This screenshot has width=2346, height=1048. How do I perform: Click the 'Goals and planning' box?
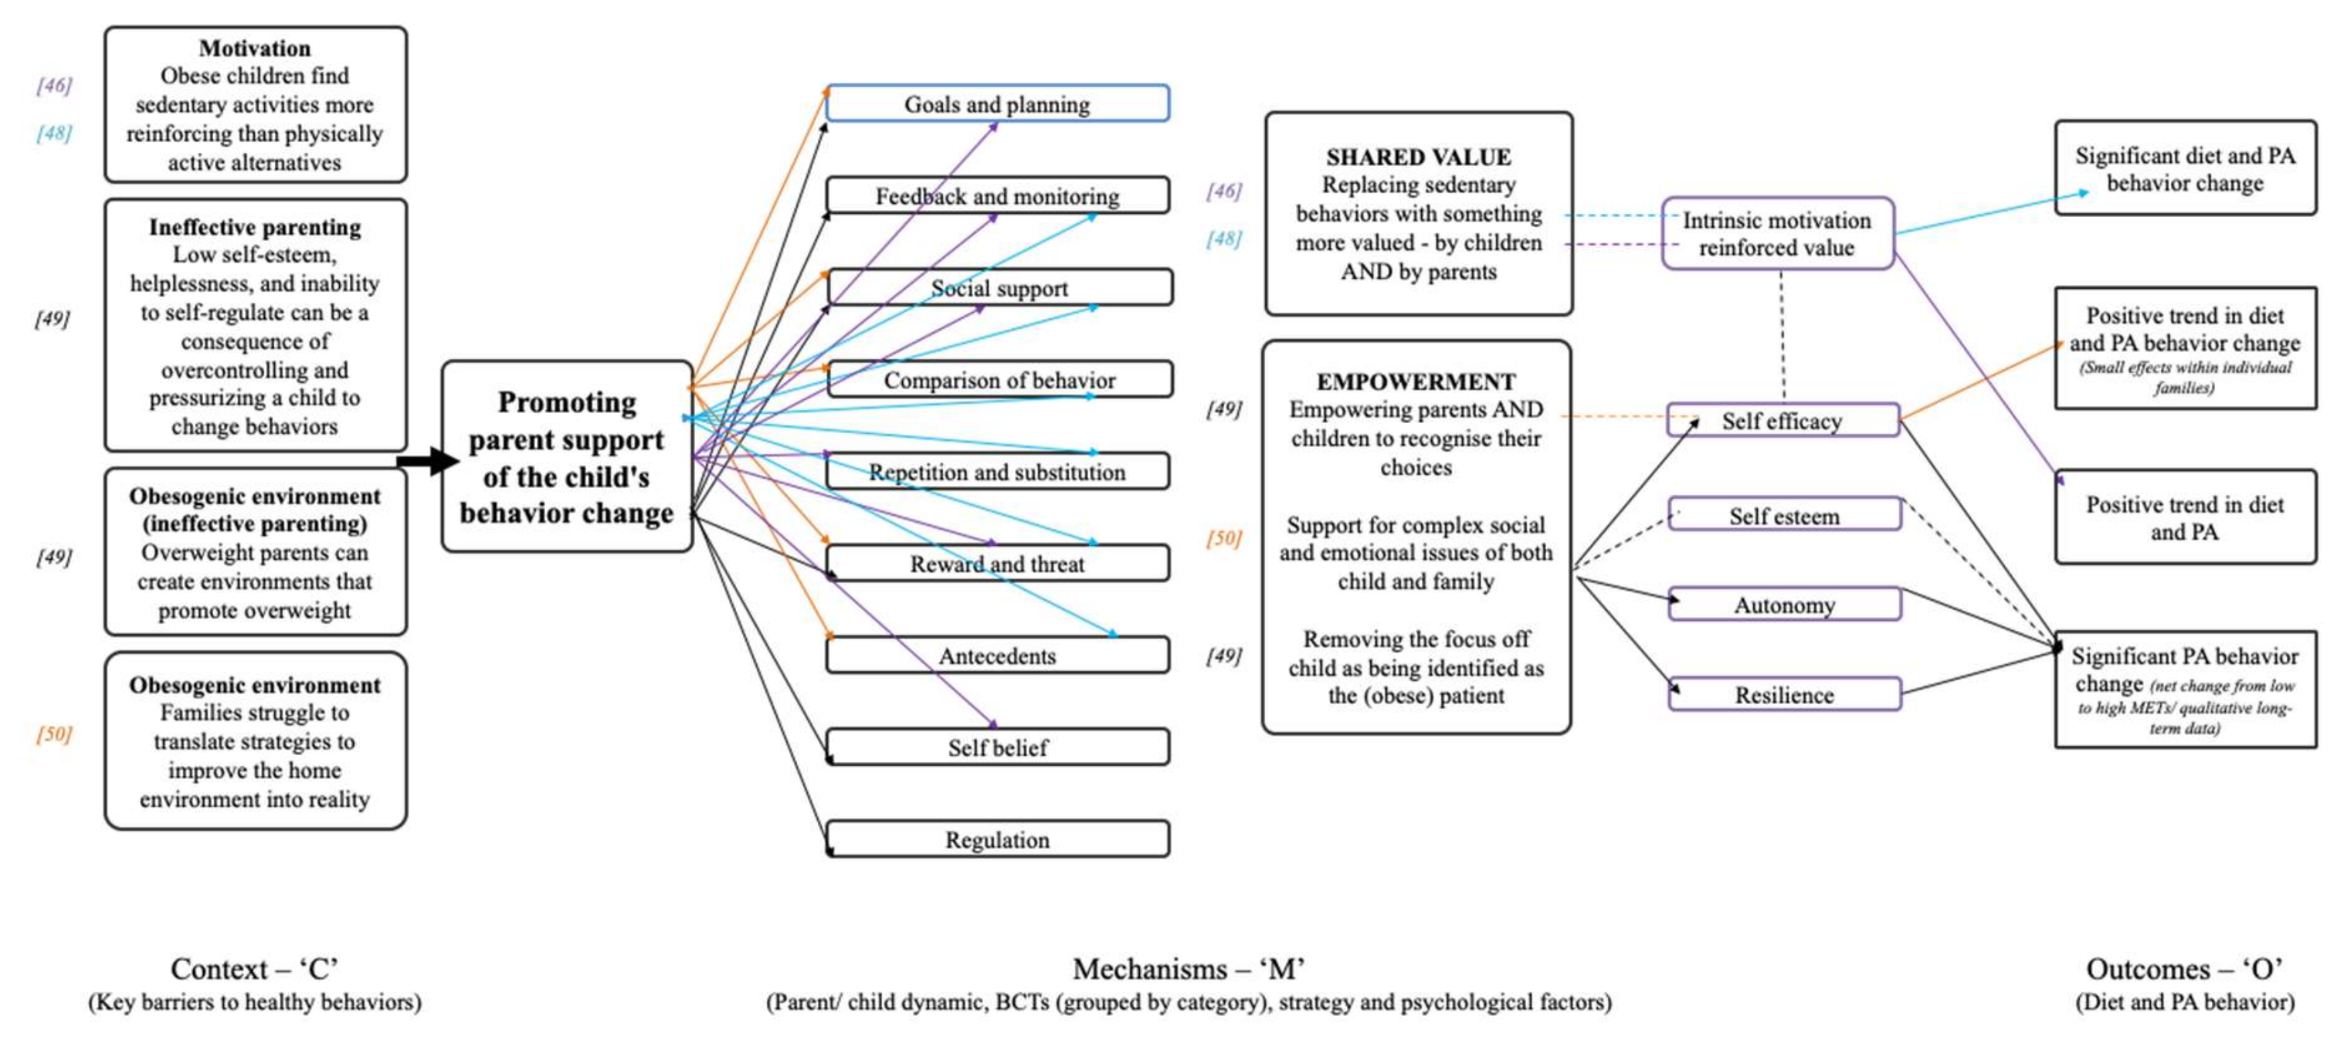997,104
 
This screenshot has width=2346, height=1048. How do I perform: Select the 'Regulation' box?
997,839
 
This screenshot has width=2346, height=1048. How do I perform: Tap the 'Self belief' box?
997,747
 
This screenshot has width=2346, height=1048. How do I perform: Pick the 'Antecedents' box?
997,655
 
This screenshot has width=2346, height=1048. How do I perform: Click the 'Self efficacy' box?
1782,421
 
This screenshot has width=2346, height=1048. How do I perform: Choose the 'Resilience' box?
1784,695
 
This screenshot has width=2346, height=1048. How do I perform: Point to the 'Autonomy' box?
1784,605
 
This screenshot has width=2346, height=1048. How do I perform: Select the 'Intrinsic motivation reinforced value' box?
1777,233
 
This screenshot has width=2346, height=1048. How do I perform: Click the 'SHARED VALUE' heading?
1418,157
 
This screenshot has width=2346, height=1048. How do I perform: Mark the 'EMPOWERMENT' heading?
1416,381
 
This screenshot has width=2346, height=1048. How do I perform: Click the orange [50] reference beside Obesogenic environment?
54,734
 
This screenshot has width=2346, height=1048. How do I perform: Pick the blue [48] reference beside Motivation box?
54,133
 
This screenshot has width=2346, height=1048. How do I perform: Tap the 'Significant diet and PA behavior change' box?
2185,169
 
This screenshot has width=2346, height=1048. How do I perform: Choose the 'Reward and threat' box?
997,563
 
